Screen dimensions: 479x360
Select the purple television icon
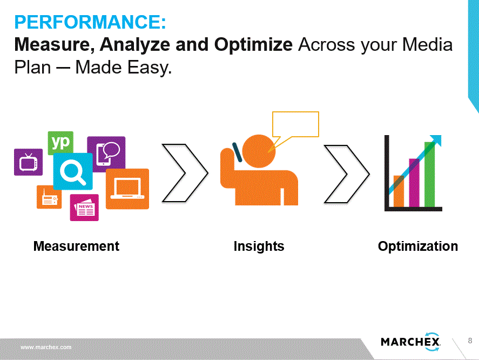tap(29, 162)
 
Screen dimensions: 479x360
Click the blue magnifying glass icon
tap(73, 171)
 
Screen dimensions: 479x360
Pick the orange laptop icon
tap(127, 189)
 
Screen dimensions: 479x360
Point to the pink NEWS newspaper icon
tap(84, 208)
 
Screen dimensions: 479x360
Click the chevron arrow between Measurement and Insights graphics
tap(185, 173)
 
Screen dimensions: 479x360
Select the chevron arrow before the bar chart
tap(347, 174)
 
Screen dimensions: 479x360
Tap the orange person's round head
tap(259, 151)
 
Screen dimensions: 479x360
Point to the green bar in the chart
tap(429, 175)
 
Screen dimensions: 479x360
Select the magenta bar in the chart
tap(414, 183)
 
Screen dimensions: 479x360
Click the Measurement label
tap(76, 246)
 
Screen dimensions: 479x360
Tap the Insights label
tap(259, 246)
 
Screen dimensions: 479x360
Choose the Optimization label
tap(418, 246)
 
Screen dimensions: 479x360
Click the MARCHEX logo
tap(410, 342)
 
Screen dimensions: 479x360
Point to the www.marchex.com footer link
tap(46, 347)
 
